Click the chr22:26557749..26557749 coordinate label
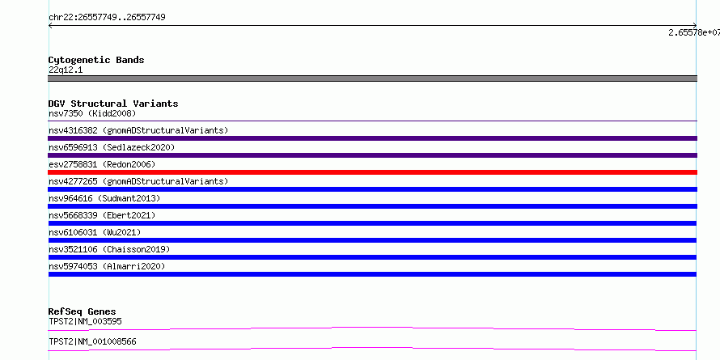tap(107, 18)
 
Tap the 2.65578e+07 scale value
tap(694, 32)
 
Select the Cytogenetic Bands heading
tap(96, 60)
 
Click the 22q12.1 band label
tap(66, 70)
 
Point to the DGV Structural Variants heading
tap(113, 104)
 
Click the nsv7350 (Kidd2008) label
tap(92, 113)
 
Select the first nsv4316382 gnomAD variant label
tap(138, 130)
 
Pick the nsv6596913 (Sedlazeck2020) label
tap(112, 147)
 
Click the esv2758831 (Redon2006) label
tap(102, 164)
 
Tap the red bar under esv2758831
tap(372, 172)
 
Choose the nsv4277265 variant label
tap(138, 181)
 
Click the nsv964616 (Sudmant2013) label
tap(104, 198)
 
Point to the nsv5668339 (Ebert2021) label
tap(102, 215)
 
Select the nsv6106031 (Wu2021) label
tap(95, 232)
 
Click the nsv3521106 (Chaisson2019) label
tap(109, 249)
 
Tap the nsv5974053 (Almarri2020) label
tap(107, 266)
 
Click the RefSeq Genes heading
tap(83, 311)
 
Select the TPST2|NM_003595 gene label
tap(85, 321)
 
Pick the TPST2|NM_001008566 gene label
tap(92, 341)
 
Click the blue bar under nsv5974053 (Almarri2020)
tap(372, 274)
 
